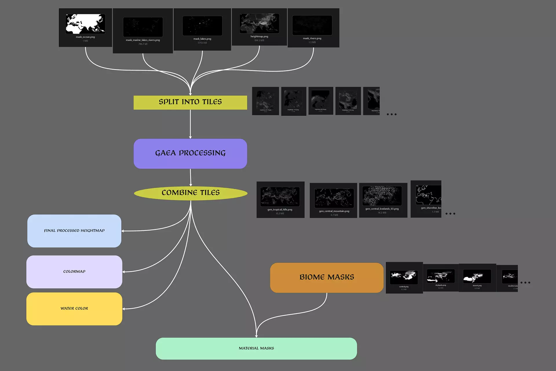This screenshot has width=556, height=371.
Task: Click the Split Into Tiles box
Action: click(x=190, y=102)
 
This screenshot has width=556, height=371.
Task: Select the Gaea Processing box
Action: click(x=190, y=154)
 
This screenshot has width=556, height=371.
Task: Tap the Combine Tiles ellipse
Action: click(x=191, y=193)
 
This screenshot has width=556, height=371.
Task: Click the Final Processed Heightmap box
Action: click(x=74, y=231)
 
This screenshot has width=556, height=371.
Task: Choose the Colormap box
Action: click(x=74, y=272)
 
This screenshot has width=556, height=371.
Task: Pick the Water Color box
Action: click(x=74, y=309)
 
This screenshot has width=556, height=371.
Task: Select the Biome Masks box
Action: click(x=327, y=277)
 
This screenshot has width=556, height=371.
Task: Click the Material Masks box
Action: click(x=256, y=348)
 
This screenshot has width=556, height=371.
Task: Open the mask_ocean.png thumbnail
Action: click(x=85, y=24)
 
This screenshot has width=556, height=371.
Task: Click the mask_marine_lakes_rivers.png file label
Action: click(x=143, y=40)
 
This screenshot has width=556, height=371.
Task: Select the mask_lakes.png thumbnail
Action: click(x=202, y=26)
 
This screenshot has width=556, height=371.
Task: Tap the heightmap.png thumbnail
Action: click(x=259, y=23)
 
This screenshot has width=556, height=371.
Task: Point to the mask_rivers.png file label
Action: click(x=312, y=38)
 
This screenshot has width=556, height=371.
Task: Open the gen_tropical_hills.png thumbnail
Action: click(x=280, y=196)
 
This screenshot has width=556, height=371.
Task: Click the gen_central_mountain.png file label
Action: click(x=334, y=211)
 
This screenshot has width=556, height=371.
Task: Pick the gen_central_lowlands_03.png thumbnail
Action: click(x=382, y=196)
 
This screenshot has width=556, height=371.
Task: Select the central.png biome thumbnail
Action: click(x=404, y=277)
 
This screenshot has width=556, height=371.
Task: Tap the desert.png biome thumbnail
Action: click(x=477, y=276)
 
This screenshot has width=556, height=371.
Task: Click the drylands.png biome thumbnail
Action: click(x=440, y=276)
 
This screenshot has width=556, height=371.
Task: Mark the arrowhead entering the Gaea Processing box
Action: click(x=190, y=137)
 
